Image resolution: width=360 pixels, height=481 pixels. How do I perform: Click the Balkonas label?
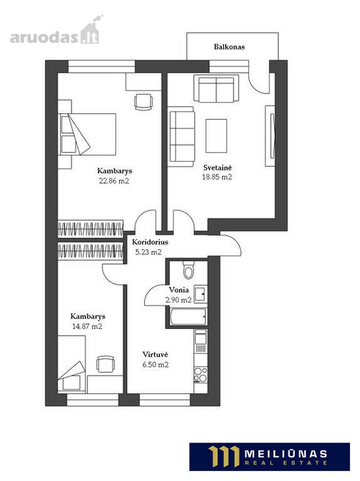pos(229,47)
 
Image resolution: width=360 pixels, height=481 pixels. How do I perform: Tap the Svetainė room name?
pos(218,167)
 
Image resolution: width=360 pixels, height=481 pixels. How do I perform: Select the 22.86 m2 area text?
pos(114,181)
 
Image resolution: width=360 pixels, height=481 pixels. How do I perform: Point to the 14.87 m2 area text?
pos(87,326)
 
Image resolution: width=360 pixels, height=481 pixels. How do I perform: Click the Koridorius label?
pos(150,242)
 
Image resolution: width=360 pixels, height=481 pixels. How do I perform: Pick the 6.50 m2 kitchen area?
pos(156,364)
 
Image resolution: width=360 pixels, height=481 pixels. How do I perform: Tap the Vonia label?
pos(179,290)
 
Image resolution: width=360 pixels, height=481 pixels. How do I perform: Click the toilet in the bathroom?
pos(188,270)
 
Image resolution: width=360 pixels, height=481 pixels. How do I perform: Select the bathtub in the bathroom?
pos(188,316)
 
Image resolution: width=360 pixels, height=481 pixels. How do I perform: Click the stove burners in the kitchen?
pos(201,375)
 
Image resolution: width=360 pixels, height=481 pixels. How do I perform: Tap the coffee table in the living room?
pos(216,136)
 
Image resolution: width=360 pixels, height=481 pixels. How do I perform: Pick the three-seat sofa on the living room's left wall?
pos(182,136)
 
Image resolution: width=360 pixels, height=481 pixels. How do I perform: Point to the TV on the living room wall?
pos(272,136)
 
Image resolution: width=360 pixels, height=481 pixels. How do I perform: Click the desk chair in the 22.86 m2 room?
pos(144,102)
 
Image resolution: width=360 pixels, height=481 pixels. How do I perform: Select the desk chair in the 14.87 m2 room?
pos(105,364)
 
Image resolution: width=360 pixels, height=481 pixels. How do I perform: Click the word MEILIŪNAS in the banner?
pos(286,454)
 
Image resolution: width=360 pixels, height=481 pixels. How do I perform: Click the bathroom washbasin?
pos(201,294)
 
